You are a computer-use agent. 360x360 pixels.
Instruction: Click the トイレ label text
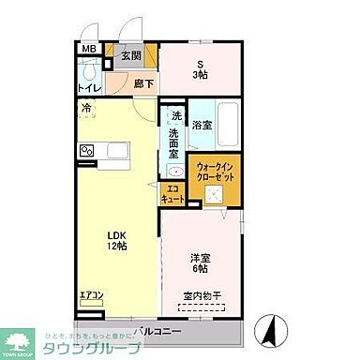pyautogui.click(x=88, y=91)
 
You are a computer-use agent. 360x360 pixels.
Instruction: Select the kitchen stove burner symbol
pyautogui.click(x=86, y=150)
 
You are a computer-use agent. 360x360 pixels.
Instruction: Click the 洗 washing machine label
pyautogui.click(x=175, y=116)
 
